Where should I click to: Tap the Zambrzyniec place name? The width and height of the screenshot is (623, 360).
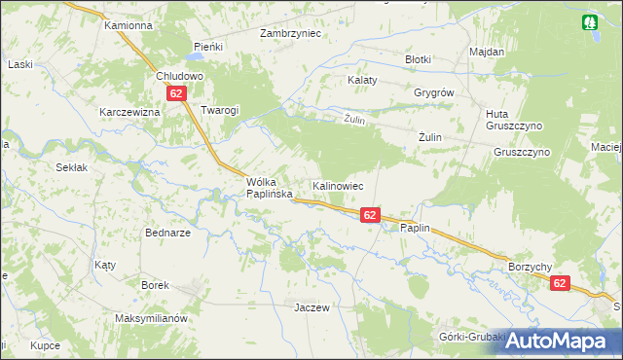pyautogui.click(x=290, y=33)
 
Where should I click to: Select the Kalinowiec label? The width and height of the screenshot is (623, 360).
pyautogui.click(x=338, y=185)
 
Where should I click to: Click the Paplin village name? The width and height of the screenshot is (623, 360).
pyautogui.click(x=414, y=228)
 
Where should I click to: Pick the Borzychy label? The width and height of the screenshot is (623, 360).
pyautogui.click(x=530, y=266)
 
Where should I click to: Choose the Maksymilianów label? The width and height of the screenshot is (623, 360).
pyautogui.click(x=149, y=319)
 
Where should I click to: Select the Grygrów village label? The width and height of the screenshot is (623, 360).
pyautogui.click(x=434, y=92)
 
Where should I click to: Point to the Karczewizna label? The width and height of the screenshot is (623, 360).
pyautogui.click(x=128, y=112)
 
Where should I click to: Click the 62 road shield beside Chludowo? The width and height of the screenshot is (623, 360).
pyautogui.click(x=175, y=93)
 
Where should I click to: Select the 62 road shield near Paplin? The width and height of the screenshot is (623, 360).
pyautogui.click(x=370, y=215)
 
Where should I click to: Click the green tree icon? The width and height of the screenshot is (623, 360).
pyautogui.click(x=590, y=22)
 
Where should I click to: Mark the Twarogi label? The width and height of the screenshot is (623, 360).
pyautogui.click(x=219, y=111)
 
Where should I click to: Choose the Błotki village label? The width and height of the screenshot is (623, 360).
pyautogui.click(x=418, y=59)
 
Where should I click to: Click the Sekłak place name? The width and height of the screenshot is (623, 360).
pyautogui.click(x=72, y=167)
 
